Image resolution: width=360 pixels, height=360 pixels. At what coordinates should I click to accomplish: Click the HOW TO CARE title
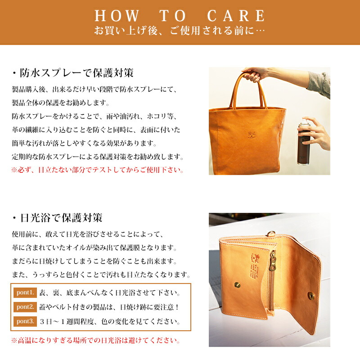coord(180,16)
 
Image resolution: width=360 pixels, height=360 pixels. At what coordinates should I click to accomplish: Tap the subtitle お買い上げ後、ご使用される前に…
coord(180,31)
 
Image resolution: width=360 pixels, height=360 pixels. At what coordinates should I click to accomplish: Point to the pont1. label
coord(25,293)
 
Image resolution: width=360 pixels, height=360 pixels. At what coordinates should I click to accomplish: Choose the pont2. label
coord(25,307)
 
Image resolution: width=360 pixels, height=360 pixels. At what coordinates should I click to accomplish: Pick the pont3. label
coord(25,322)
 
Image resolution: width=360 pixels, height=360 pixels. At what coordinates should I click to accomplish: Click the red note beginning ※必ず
coord(98,170)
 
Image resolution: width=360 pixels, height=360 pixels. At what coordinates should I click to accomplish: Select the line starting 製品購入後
coord(95,89)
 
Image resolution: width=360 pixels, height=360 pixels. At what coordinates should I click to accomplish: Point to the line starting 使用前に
coord(88,234)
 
